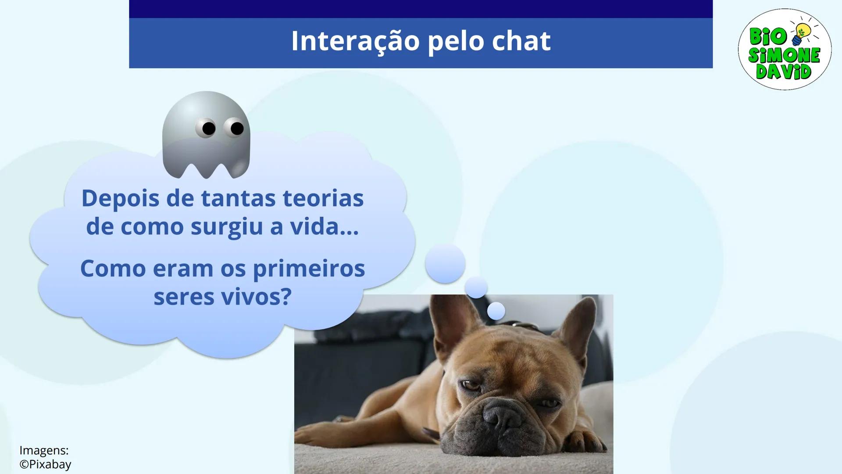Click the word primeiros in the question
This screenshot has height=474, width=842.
(309, 269)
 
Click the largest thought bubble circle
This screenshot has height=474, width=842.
(445, 264)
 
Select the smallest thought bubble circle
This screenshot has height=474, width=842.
(496, 311)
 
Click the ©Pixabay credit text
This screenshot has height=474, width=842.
(45, 464)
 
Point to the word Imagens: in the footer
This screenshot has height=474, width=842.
(44, 450)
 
